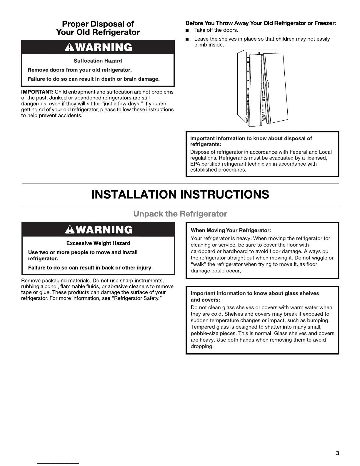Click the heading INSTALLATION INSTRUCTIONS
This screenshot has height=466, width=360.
(x=180, y=194)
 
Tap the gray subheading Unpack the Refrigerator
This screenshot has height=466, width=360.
(x=180, y=214)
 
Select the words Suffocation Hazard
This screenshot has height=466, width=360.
(x=98, y=61)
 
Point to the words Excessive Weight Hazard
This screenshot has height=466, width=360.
(x=98, y=243)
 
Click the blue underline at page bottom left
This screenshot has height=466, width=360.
(x=59, y=463)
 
